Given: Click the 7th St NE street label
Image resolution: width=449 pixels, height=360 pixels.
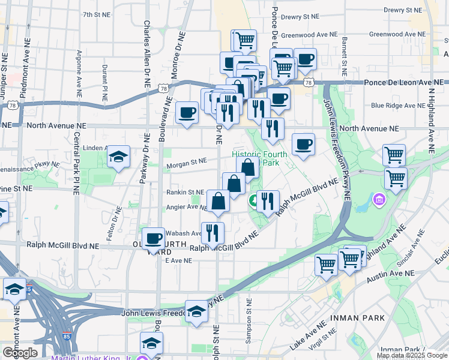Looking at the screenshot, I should (x=96, y=14).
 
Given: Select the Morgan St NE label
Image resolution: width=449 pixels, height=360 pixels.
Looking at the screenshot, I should (x=186, y=161).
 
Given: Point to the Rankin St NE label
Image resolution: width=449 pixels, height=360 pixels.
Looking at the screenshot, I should (x=185, y=193).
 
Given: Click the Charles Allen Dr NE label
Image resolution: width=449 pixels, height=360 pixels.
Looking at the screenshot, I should (x=147, y=54).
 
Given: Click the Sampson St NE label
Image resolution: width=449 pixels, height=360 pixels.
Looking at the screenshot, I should (x=248, y=323).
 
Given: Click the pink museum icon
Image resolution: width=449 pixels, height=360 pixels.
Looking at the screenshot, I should (x=379, y=198).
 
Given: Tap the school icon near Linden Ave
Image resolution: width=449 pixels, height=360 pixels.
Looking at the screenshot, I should (x=119, y=157).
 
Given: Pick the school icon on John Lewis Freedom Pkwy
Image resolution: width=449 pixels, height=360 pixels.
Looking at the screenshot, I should (x=196, y=311).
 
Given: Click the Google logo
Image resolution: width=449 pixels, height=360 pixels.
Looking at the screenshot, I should (x=20, y=353).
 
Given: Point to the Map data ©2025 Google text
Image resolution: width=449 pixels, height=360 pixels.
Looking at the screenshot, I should (x=411, y=355).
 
